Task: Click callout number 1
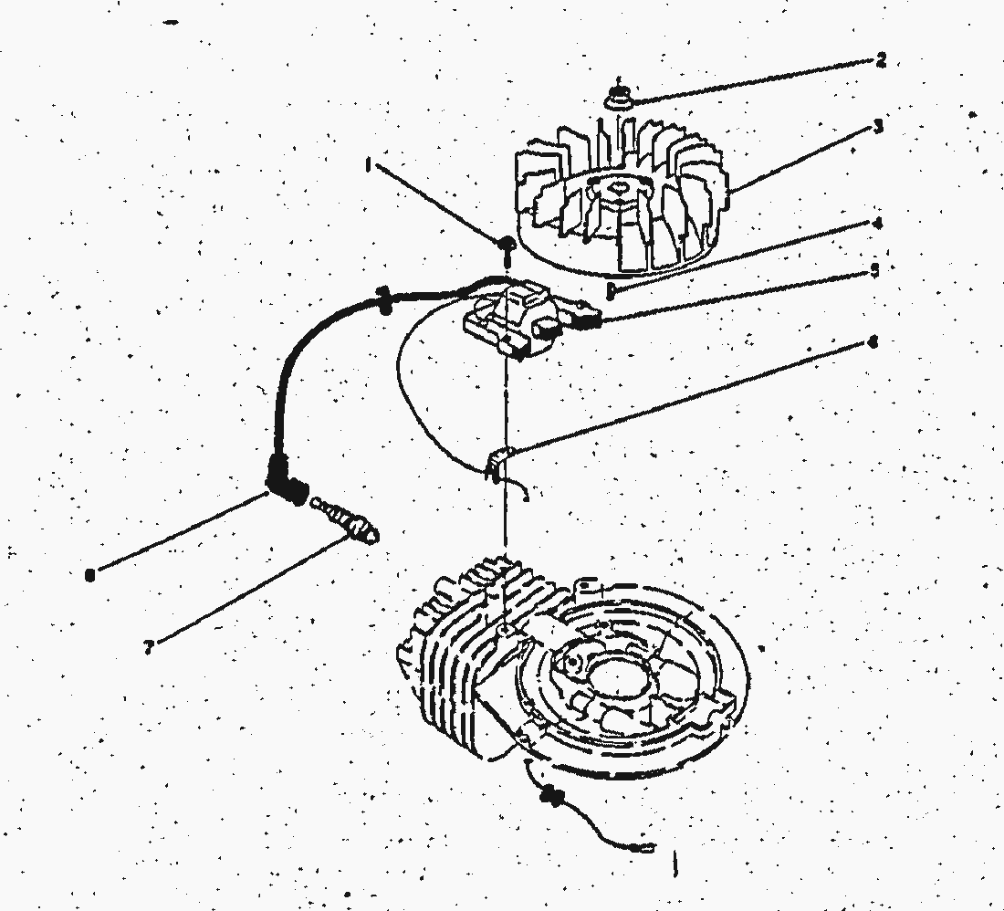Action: (368, 166)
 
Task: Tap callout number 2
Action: (880, 61)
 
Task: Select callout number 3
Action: (878, 127)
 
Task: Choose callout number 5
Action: (874, 271)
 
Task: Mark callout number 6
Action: (873, 343)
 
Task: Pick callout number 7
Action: (148, 646)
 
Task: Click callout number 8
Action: (89, 575)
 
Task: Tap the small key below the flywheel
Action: (610, 291)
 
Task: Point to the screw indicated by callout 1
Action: (505, 244)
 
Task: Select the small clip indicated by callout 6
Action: (496, 461)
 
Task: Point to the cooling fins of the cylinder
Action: (447, 630)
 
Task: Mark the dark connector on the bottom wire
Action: (551, 797)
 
